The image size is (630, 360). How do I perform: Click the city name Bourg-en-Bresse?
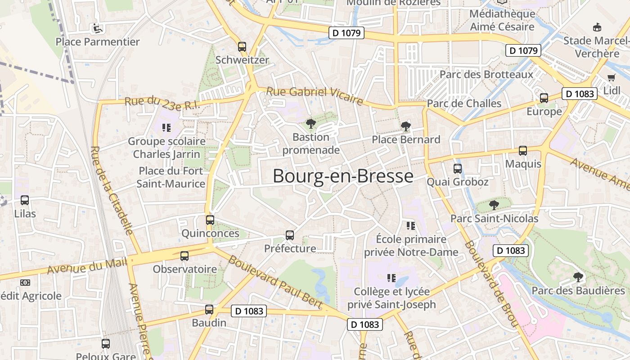(343, 176)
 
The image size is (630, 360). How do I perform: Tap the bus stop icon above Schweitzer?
(242, 46)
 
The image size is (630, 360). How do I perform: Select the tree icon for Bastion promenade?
(310, 124)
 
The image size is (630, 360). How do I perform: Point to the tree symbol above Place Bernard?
(406, 126)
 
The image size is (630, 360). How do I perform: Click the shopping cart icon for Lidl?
(611, 77)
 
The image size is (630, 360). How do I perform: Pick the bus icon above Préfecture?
(290, 235)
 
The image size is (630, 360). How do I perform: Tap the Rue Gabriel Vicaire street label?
(314, 95)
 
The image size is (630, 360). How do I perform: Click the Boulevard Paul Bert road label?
(275, 282)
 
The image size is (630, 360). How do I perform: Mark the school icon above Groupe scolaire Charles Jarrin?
(166, 128)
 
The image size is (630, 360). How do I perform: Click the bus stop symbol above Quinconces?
(210, 220)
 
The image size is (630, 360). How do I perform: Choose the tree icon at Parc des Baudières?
(578, 277)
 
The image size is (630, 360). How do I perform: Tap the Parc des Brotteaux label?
(486, 74)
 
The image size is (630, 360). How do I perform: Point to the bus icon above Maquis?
(523, 151)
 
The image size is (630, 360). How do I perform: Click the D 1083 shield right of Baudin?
(249, 310)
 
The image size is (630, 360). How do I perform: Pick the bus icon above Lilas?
(25, 200)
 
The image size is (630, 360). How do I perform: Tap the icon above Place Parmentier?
(97, 29)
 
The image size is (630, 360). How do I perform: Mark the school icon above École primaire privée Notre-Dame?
(410, 225)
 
